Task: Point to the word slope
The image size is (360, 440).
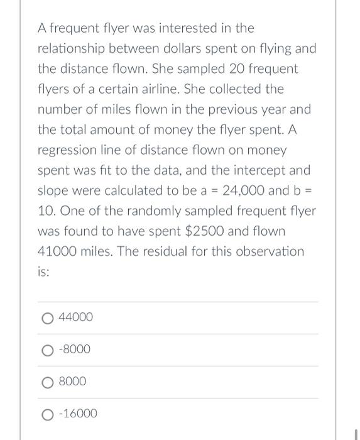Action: [54, 190]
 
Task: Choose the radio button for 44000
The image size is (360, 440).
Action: [48, 318]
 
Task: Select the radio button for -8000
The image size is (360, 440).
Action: [48, 349]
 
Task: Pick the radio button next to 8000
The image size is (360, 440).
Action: [48, 382]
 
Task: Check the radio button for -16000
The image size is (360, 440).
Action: [48, 414]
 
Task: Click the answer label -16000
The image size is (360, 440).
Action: [78, 414]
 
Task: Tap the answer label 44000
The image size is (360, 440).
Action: [75, 317]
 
